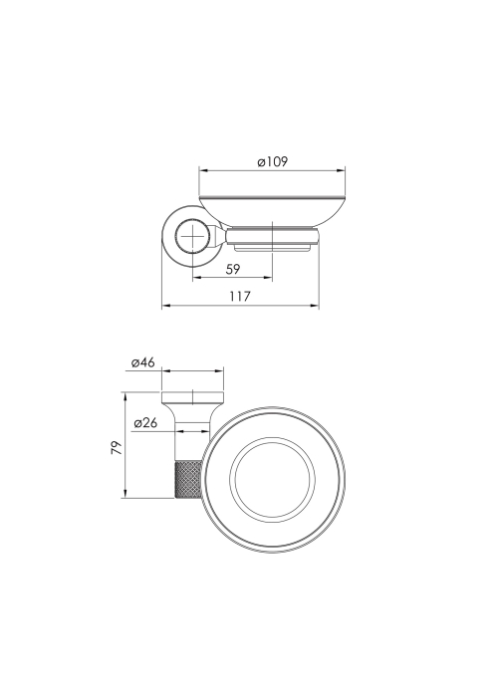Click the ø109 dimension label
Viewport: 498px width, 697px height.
[x=273, y=161]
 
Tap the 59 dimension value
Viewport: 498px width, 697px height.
[x=232, y=269]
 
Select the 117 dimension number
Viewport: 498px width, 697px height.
[x=240, y=296]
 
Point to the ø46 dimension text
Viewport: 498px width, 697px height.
[x=143, y=362]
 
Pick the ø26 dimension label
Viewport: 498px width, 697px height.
[x=145, y=423]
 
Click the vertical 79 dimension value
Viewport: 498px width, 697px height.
[x=117, y=448]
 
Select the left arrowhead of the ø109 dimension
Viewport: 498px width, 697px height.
[x=203, y=170]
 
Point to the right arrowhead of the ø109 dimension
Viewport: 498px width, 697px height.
[x=341, y=170]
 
